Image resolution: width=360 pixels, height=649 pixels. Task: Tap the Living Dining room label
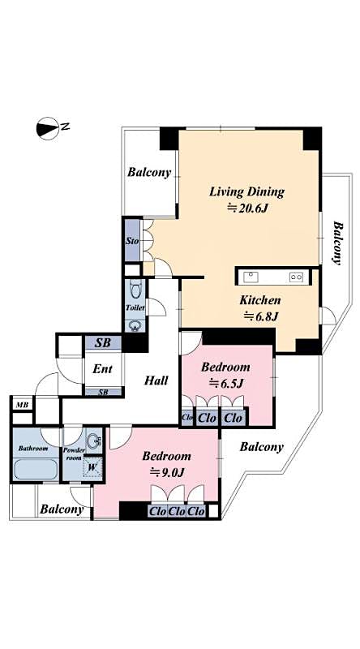click(246, 192)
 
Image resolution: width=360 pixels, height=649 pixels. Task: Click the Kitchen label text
click(259, 300)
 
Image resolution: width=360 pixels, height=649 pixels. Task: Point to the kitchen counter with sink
click(272, 277)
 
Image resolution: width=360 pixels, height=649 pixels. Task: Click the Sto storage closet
click(131, 241)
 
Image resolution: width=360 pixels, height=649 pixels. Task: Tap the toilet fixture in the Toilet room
click(134, 290)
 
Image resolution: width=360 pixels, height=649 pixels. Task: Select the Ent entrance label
click(102, 369)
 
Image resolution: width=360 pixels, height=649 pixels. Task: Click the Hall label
click(156, 380)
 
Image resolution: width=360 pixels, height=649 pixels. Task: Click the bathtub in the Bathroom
click(35, 470)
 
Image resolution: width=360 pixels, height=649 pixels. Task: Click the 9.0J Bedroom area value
click(171, 472)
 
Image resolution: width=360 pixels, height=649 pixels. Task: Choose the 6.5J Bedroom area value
click(226, 383)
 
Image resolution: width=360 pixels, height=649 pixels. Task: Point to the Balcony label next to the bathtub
click(62, 509)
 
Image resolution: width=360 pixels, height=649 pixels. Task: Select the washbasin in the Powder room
click(94, 441)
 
